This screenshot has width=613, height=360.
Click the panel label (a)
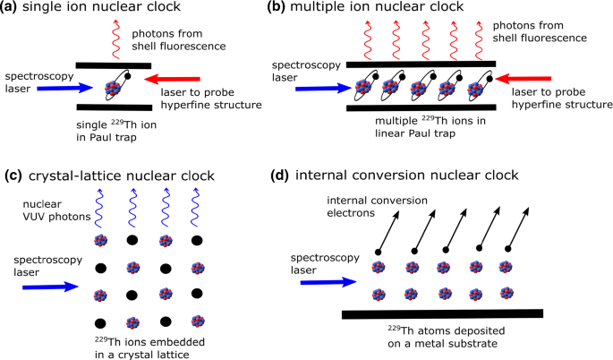point(13,9)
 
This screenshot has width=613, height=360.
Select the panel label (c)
point(13,175)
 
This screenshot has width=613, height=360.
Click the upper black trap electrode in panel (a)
point(115,64)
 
